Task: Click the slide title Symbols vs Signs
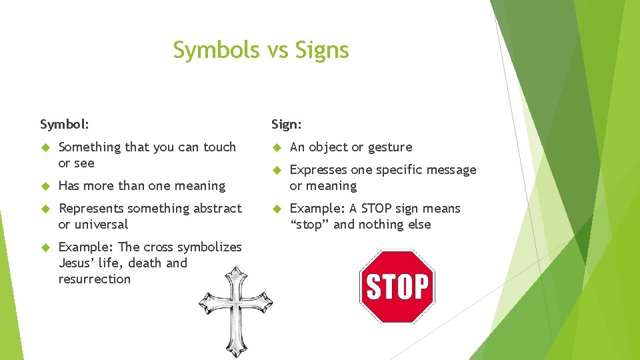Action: point(261,50)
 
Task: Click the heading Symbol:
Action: point(65,124)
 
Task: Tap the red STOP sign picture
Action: point(397,287)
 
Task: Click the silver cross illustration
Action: point(235,311)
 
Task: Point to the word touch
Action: point(219,147)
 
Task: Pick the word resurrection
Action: point(94,279)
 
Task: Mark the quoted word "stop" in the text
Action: point(309,224)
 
